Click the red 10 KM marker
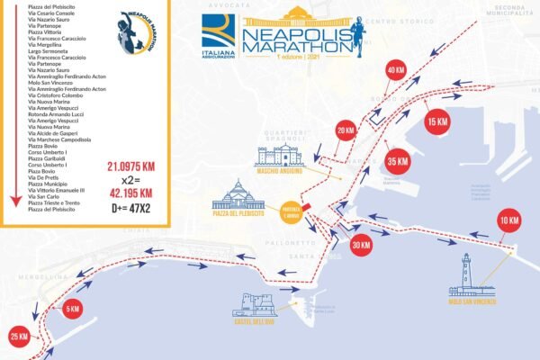tap(508, 220)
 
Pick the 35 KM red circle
tap(397, 162)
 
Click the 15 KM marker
tap(437, 121)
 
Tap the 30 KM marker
tap(361, 245)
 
